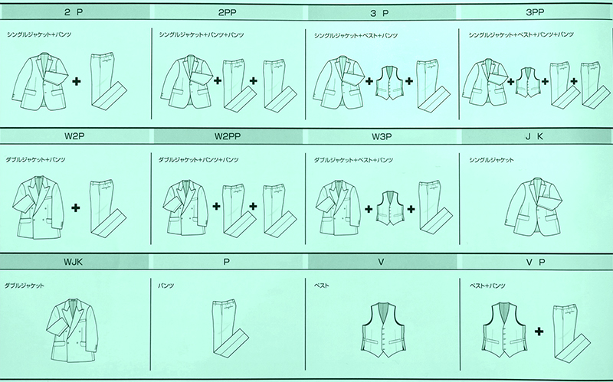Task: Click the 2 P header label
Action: pyautogui.click(x=76, y=13)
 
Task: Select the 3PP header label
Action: pyautogui.click(x=536, y=13)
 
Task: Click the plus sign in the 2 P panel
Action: pyautogui.click(x=78, y=80)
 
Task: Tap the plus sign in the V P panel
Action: pyautogui.click(x=539, y=331)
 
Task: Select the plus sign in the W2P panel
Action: pyautogui.click(x=77, y=207)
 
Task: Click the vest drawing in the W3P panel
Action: pyautogui.click(x=392, y=207)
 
